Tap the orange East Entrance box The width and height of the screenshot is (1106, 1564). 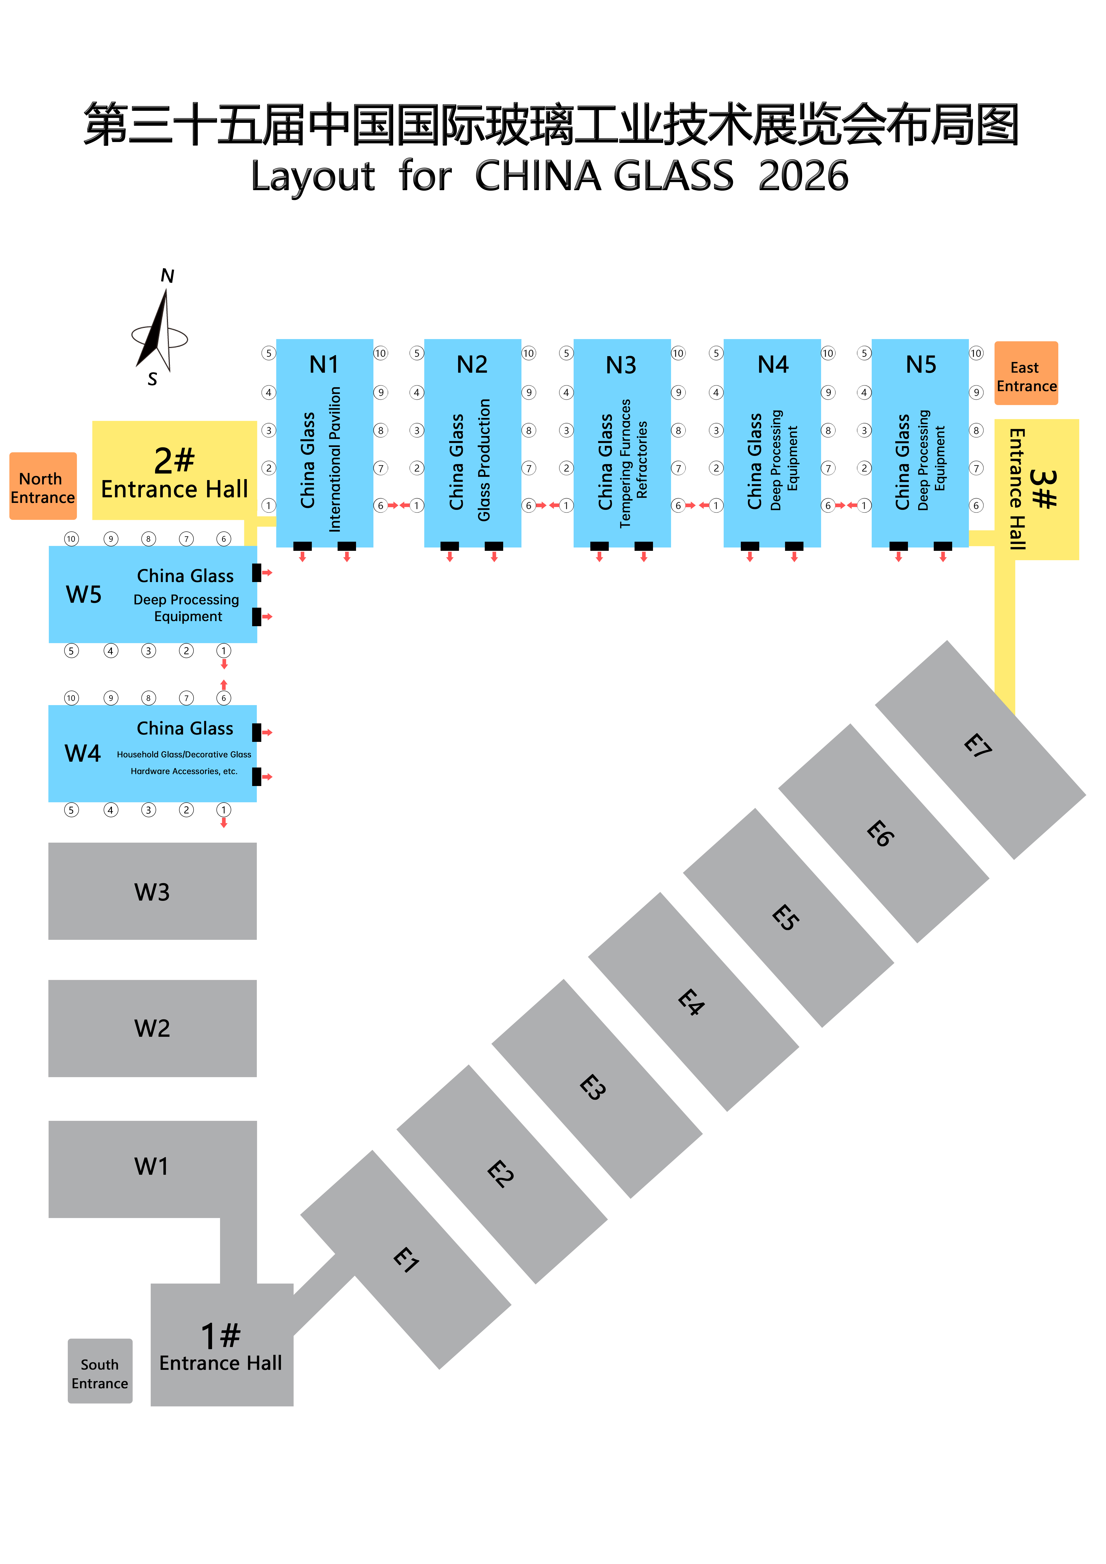pos(1026,373)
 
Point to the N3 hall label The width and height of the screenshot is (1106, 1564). pos(621,365)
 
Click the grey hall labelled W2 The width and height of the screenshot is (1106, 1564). pos(152,1028)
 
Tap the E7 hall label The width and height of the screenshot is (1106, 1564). pos(978,746)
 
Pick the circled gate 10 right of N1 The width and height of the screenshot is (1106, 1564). pos(380,353)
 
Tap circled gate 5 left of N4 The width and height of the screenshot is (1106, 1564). pos(716,353)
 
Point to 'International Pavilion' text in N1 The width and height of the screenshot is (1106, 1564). pos(335,459)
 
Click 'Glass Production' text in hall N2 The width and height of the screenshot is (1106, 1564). pos(484,461)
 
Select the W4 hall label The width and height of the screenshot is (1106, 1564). pos(82,753)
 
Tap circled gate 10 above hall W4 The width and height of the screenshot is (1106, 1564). pos(71,698)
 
